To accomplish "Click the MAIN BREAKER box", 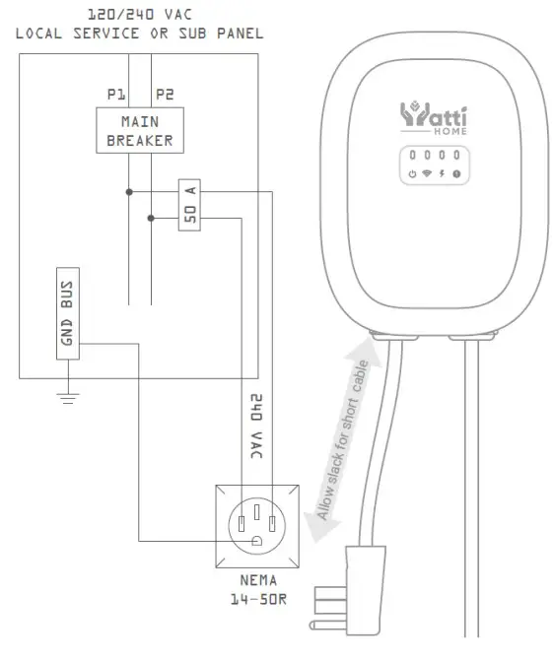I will coord(140,131).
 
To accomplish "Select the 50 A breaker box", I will coord(190,205).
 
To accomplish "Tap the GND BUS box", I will coord(67,313).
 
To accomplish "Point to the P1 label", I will coord(117,95).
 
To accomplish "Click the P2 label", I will coord(163,95).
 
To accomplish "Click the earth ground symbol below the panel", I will coord(67,398).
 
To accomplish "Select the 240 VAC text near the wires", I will coord(255,428).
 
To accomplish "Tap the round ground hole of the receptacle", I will coord(255,540).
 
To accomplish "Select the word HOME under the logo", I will coord(449,131).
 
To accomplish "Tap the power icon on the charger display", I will coord(412,173).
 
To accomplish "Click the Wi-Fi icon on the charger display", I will coord(427,173).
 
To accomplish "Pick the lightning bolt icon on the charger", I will coord(443,173).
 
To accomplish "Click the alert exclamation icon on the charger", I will coord(457,173).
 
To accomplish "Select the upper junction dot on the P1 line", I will coord(129,192).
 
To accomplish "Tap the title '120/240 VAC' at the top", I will coord(139,15).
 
